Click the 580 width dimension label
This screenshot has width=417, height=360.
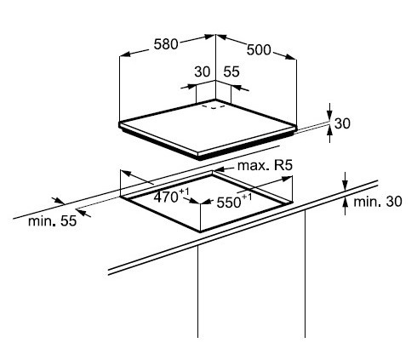coord(166,44)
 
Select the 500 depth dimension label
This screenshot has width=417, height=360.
coord(259,50)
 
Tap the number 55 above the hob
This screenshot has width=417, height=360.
coord(231,71)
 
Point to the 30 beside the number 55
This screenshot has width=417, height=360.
coord(203,71)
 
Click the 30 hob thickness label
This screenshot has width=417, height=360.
coord(342,123)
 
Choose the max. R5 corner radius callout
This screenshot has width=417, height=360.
coord(265,166)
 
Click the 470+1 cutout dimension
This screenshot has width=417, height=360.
coord(171,196)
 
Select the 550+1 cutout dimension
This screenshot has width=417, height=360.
coord(234,201)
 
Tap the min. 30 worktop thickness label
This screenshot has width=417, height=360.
coord(378,202)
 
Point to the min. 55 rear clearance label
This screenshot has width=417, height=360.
coord(53,221)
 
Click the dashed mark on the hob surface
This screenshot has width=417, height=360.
coord(214,107)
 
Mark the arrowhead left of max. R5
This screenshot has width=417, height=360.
coord(220,169)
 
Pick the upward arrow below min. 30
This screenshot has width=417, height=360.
coord(345,206)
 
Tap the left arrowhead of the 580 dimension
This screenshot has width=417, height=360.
coord(125,54)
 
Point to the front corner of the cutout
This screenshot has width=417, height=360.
coord(201,231)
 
